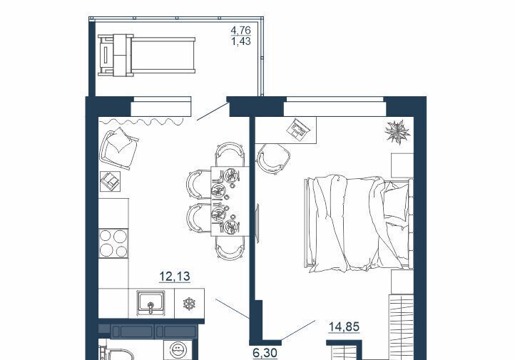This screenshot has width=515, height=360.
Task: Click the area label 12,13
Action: (175, 277)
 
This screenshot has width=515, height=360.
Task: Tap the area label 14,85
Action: (345, 327)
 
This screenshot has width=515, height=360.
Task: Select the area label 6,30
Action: (265, 353)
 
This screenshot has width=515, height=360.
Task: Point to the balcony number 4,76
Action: (241, 30)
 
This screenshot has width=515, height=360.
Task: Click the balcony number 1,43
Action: (241, 41)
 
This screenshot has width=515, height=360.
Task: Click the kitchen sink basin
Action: (151, 303)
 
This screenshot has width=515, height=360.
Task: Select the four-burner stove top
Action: (113, 243)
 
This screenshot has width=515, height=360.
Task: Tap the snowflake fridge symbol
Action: (189, 304)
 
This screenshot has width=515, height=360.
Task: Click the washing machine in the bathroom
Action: (178, 351)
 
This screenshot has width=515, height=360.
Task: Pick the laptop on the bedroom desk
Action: (297, 130)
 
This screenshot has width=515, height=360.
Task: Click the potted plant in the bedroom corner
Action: (397, 132)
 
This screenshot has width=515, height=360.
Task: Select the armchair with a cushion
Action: (118, 149)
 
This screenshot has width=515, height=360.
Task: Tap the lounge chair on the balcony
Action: (146, 56)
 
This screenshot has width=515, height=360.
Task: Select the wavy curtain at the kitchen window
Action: (141, 122)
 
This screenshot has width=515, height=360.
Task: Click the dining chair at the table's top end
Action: (230, 155)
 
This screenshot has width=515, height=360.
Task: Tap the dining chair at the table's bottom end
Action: (230, 248)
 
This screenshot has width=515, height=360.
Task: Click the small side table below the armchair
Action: (111, 182)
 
